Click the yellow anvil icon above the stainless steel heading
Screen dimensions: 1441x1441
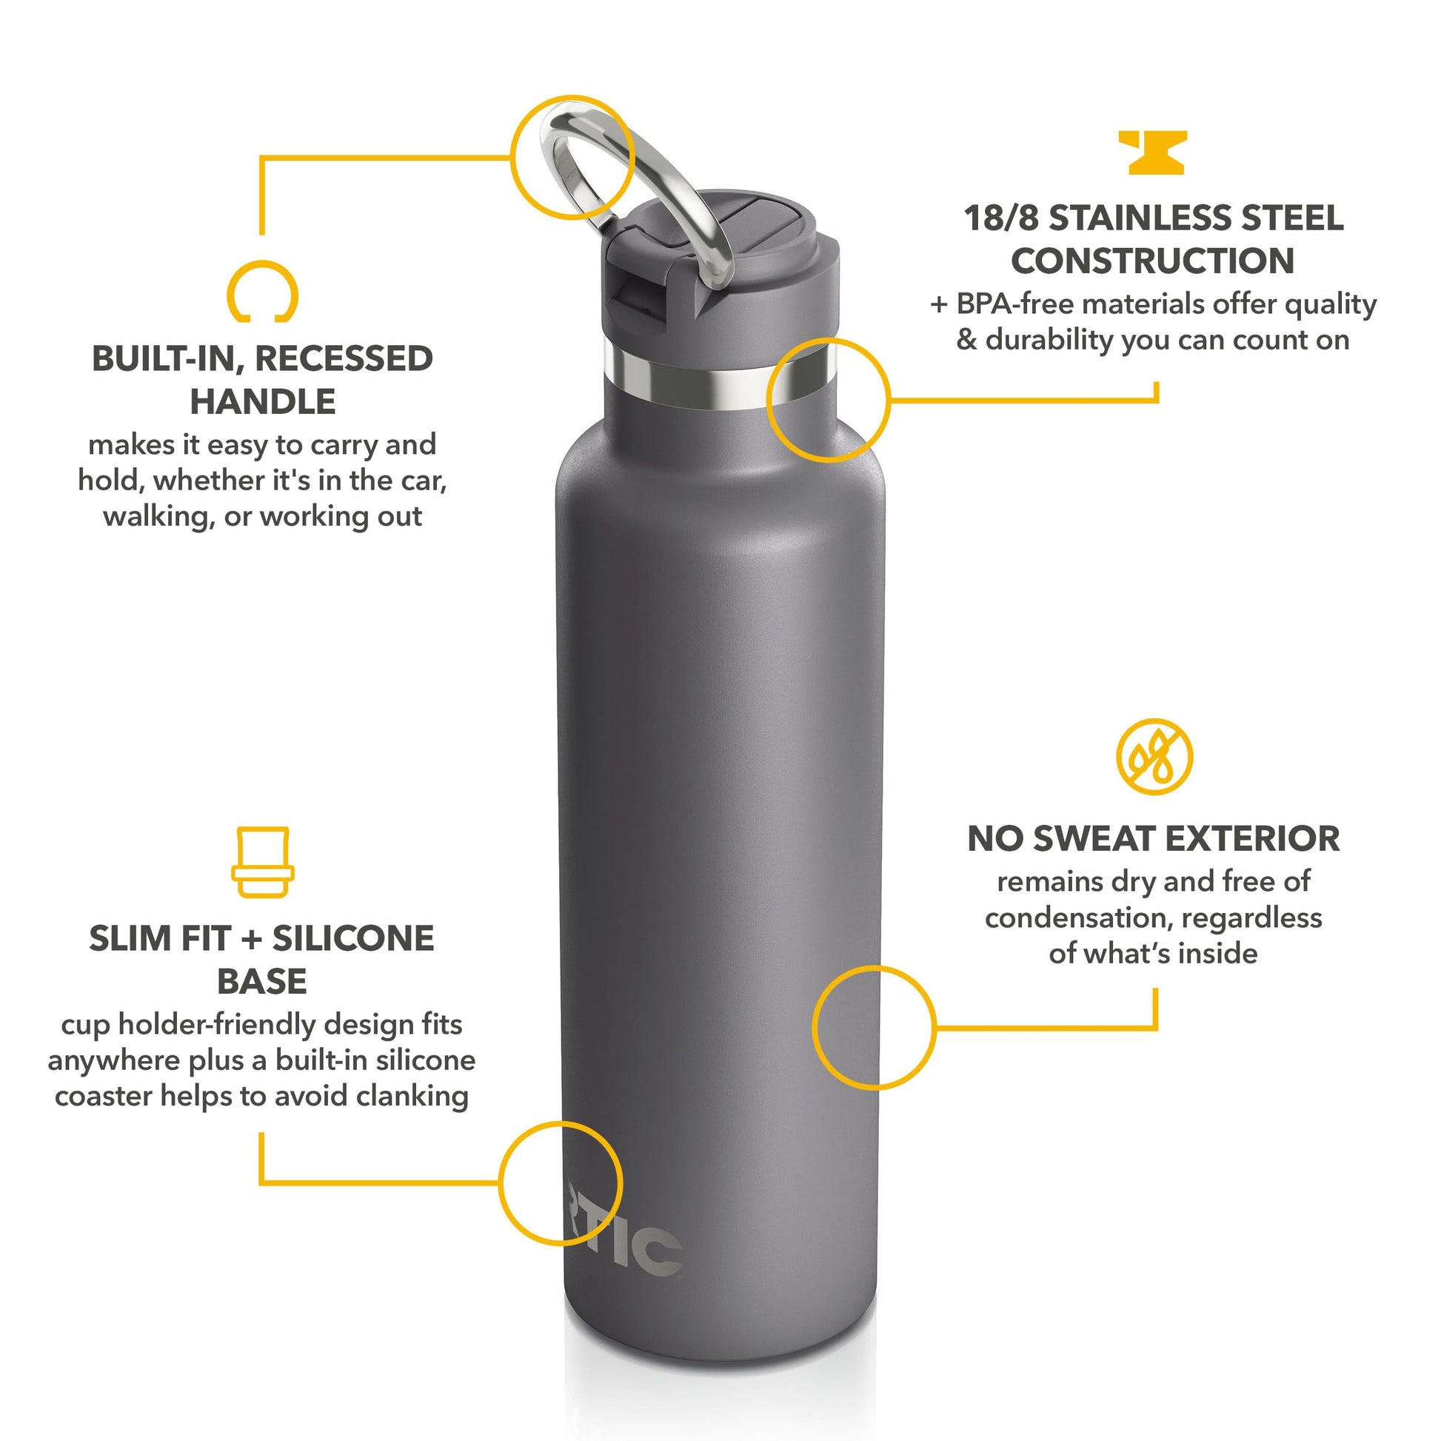click(x=1151, y=152)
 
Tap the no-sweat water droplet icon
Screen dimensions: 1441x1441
click(x=1154, y=757)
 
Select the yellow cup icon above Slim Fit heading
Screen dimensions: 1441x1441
click(x=262, y=862)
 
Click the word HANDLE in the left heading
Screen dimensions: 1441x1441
click(x=263, y=401)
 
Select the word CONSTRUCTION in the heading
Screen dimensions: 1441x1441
click(x=1153, y=261)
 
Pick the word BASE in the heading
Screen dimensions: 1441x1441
click(x=262, y=982)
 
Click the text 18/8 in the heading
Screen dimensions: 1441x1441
click(x=1001, y=218)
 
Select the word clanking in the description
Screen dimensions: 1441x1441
click(x=412, y=1096)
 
